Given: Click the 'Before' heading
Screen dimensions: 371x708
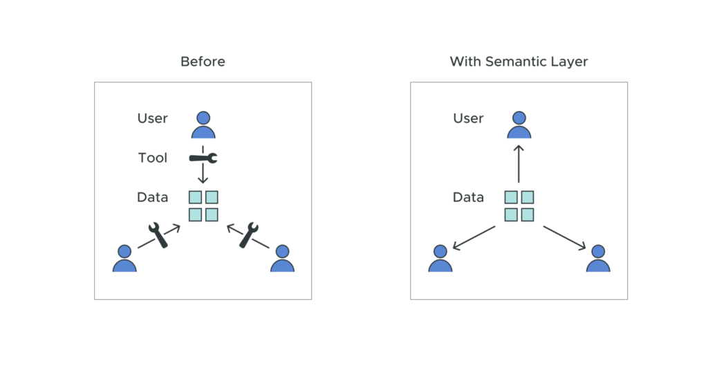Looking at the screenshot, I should point(203,62).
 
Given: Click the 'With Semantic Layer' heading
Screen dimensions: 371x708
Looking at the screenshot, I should point(519,62).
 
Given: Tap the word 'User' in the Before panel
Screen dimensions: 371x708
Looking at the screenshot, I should point(152,118).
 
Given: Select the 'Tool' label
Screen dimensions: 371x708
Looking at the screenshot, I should point(152,158).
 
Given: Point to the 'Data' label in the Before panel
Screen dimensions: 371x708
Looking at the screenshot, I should point(152,197).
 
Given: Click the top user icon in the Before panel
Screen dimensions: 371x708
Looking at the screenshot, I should point(203,125).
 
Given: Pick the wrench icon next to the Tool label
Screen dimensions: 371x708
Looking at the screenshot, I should point(203,159).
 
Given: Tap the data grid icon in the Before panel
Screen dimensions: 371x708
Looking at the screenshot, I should point(203,206).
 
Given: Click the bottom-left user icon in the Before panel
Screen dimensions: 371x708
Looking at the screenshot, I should point(124,258).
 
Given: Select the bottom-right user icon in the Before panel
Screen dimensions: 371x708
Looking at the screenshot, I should point(282,258).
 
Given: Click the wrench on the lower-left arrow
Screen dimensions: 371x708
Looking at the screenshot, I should point(158,235).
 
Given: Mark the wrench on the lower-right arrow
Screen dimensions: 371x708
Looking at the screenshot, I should point(248,235).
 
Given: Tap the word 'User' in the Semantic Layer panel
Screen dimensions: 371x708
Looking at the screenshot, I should point(468,118).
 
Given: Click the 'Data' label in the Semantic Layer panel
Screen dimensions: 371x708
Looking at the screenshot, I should point(468,197).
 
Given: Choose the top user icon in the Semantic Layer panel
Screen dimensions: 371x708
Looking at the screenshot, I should point(519,125).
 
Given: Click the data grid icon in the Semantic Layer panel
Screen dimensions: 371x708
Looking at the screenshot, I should point(519,206).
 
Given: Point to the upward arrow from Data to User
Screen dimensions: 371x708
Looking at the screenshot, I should point(519,164).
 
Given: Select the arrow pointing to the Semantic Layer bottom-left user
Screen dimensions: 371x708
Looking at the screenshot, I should point(474,237).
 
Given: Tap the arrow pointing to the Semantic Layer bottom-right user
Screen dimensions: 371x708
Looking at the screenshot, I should point(565,237).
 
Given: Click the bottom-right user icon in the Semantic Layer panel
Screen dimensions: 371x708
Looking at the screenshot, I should point(598,258).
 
